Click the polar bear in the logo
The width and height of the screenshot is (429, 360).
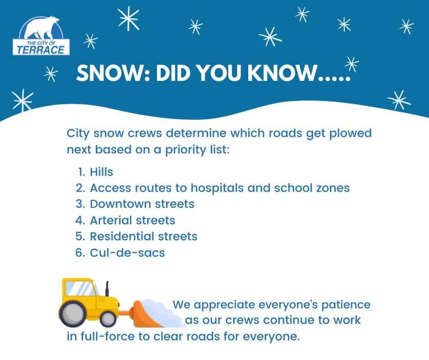[x=42, y=27]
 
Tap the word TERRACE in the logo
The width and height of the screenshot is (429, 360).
[x=41, y=50]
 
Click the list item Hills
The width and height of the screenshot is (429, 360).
[x=101, y=172]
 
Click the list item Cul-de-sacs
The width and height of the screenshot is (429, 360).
[x=127, y=253]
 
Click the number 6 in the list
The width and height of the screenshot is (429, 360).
[x=79, y=253]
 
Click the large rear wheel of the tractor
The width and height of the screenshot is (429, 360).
[x=73, y=314]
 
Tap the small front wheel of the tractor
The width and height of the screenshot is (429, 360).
[x=108, y=319]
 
